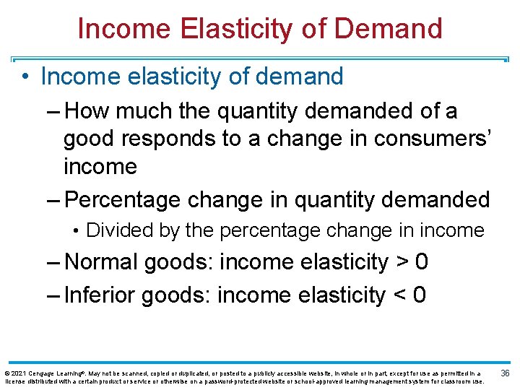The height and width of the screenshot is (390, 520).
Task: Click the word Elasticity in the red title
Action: point(230,28)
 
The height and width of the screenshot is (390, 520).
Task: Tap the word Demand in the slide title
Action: point(388,28)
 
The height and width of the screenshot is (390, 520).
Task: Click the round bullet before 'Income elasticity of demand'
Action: point(26,77)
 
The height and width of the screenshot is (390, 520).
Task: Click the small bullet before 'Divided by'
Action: point(77,231)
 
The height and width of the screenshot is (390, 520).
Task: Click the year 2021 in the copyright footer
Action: point(20,373)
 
